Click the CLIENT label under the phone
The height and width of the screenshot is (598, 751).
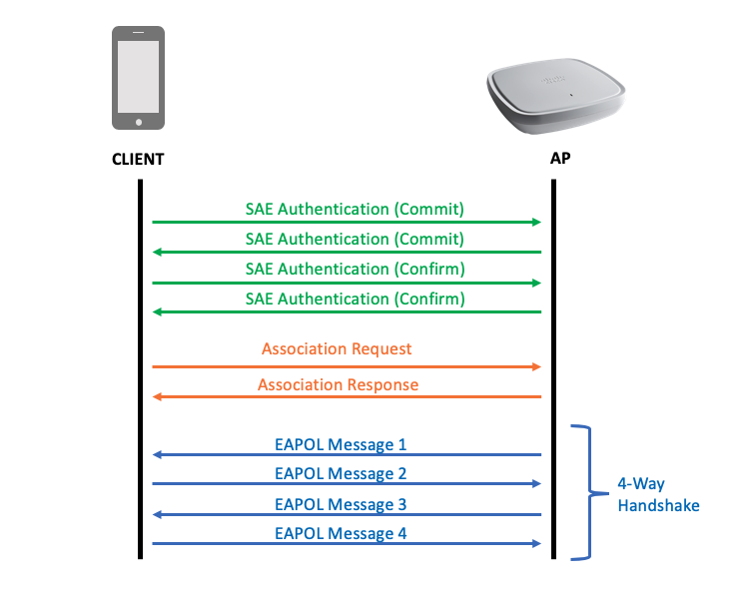(138, 159)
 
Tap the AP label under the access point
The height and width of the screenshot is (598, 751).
(560, 159)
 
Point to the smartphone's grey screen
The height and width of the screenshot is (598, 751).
(138, 76)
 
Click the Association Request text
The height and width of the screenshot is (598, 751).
(337, 349)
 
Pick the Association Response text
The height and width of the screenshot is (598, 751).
(338, 385)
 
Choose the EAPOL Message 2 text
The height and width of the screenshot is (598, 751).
(341, 474)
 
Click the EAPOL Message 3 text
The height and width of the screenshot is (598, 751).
(341, 504)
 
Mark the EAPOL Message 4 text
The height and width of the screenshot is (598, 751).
(341, 534)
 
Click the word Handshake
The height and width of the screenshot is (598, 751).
(658, 506)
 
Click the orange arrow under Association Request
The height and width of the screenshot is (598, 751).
(347, 367)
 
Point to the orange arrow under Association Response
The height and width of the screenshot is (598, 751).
(347, 397)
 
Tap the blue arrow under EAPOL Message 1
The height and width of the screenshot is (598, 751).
(347, 455)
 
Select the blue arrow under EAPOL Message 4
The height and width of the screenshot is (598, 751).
(347, 545)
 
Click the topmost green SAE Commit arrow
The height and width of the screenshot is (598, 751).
(347, 222)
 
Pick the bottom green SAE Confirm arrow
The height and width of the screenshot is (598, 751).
(347, 311)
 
